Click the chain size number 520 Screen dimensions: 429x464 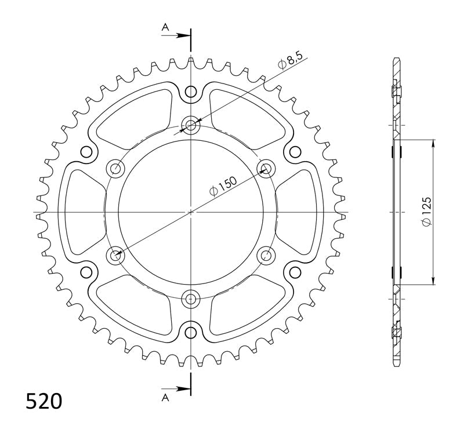[44, 401]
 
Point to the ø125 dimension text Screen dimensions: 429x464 [426, 212]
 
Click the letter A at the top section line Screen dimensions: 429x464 [165, 27]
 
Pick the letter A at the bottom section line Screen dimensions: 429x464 [165, 397]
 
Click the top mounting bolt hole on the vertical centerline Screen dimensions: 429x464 [191, 125]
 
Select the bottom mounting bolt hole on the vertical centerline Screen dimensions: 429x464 [191, 299]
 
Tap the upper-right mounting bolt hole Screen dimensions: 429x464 [266, 169]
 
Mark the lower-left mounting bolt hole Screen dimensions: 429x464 [115, 255]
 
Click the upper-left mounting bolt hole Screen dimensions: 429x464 [115, 169]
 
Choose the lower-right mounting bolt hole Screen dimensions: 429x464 [266, 255]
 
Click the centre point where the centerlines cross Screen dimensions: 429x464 [191, 212]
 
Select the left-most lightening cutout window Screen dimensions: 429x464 [81, 212]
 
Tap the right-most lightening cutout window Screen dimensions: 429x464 [300, 212]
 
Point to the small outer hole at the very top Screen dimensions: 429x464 [191, 92]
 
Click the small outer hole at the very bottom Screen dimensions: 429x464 [191, 332]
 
